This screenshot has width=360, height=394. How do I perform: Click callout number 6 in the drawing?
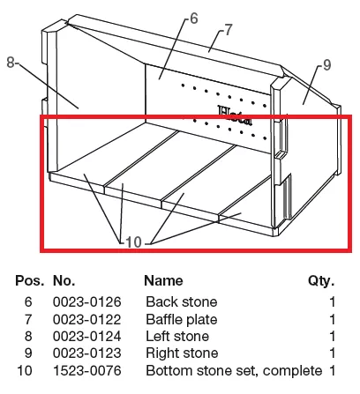pyautogui.click(x=194, y=19)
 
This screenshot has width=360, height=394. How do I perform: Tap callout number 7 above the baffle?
pyautogui.click(x=229, y=30)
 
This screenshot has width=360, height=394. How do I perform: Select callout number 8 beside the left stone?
pyautogui.click(x=11, y=63)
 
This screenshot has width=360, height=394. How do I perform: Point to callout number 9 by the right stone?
pyautogui.click(x=327, y=65)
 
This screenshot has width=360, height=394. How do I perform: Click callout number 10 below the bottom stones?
pyautogui.click(x=133, y=242)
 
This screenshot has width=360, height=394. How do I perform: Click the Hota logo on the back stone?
pyautogui.click(x=235, y=115)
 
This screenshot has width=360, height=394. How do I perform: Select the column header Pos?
pyautogui.click(x=30, y=280)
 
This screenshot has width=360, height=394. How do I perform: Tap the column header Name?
pyautogui.click(x=163, y=280)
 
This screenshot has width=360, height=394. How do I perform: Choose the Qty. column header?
pyautogui.click(x=321, y=281)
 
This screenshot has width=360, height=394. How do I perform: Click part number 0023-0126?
pyautogui.click(x=87, y=302)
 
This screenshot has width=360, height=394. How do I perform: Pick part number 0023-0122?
pyautogui.click(x=87, y=319)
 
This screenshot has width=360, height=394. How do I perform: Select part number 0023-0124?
pyautogui.click(x=87, y=337)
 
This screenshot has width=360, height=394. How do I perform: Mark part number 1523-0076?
pyautogui.click(x=87, y=370)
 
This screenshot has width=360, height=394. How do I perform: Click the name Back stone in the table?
pyautogui.click(x=182, y=302)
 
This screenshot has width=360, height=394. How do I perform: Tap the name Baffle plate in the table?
pyautogui.click(x=182, y=319)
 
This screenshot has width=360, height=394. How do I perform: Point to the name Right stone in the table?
pyautogui.click(x=182, y=353)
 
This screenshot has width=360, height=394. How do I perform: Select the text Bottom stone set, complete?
pyautogui.click(x=234, y=371)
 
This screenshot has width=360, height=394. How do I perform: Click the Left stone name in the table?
pyautogui.click(x=177, y=337)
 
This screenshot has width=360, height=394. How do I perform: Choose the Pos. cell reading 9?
pyautogui.click(x=28, y=353)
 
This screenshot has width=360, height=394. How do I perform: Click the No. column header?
pyautogui.click(x=64, y=280)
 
